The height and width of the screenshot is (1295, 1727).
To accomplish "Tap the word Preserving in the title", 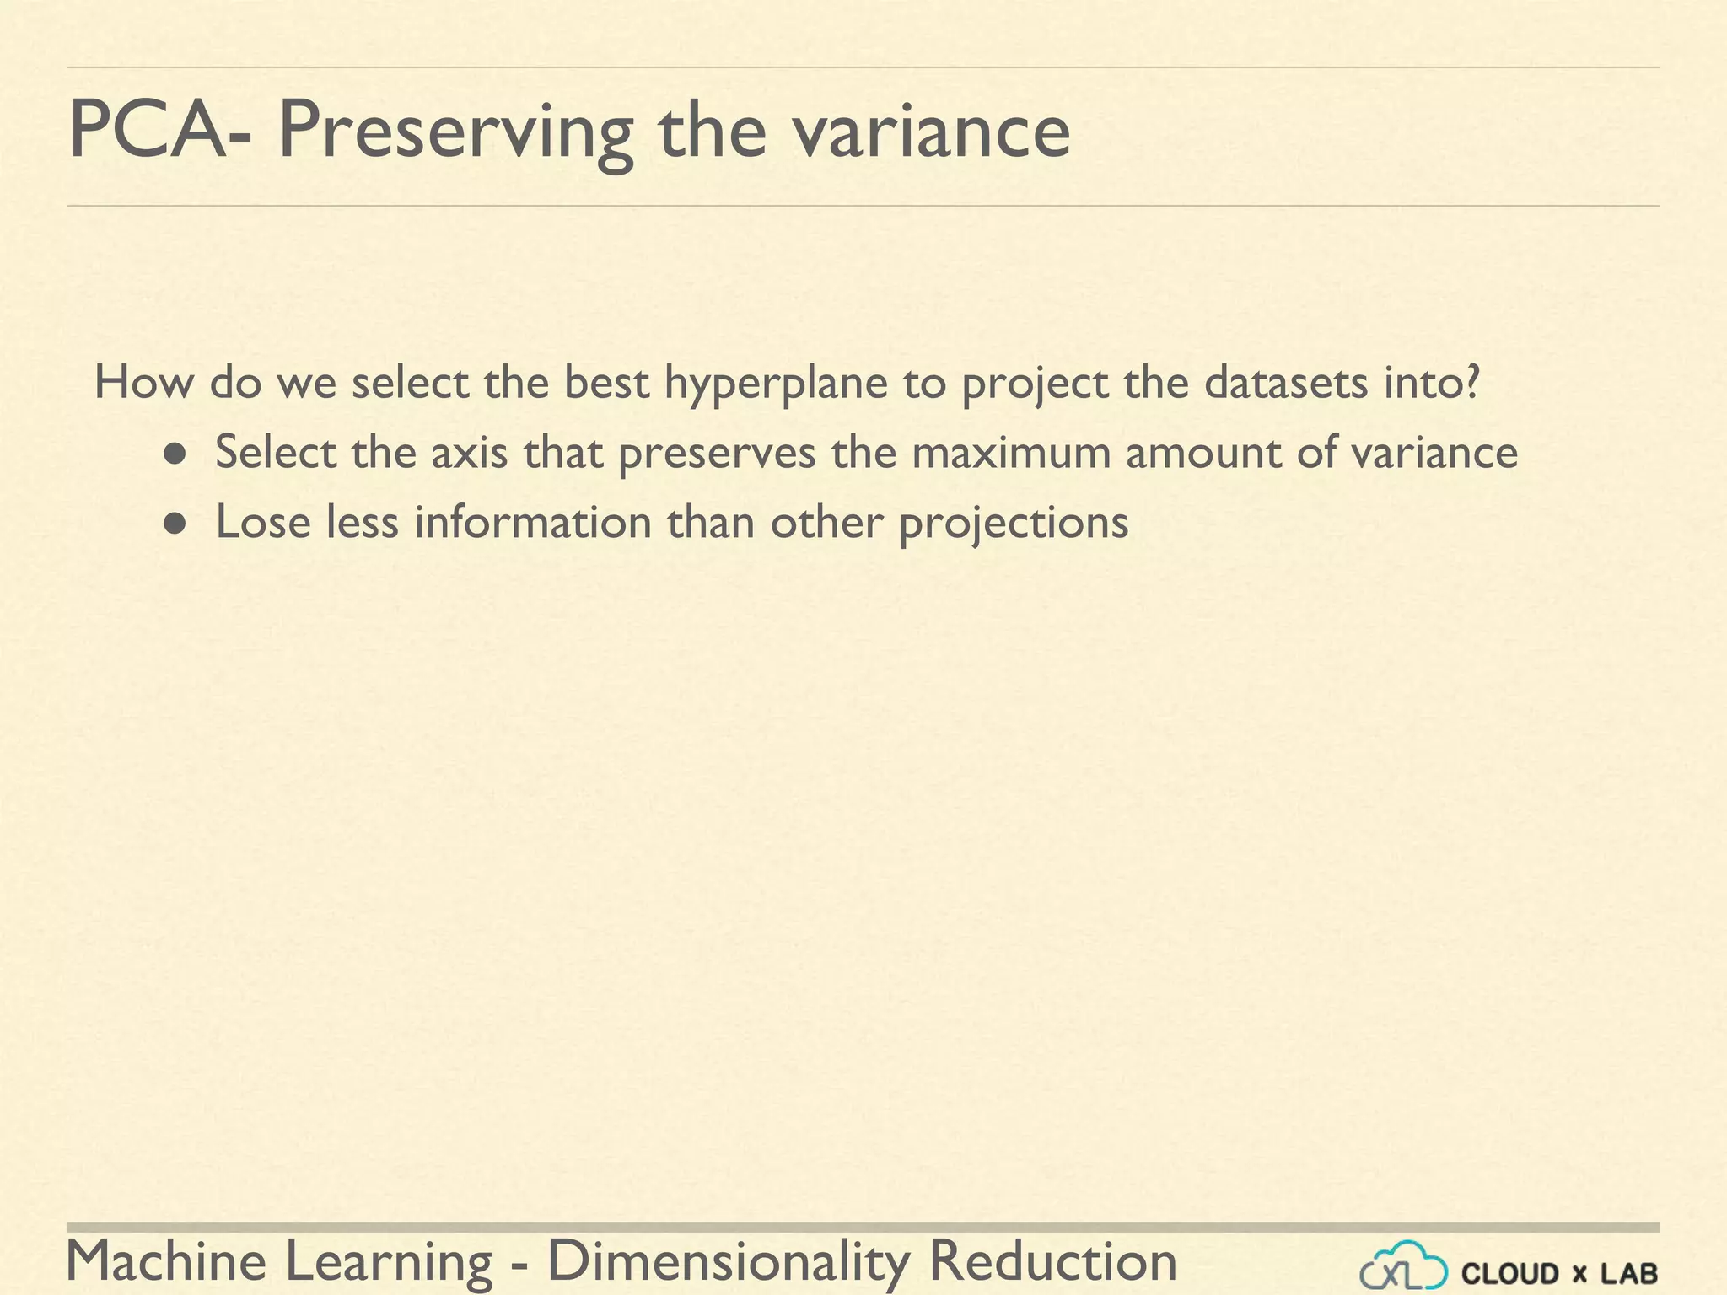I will pyautogui.click(x=455, y=133).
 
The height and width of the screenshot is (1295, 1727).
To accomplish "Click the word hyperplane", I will pyautogui.click(x=776, y=384).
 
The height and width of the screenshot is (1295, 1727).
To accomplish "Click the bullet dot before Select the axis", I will pyautogui.click(x=175, y=455).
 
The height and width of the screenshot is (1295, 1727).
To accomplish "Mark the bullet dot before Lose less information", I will pyautogui.click(x=175, y=525).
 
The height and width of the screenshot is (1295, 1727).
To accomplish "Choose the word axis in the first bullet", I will pyautogui.click(x=469, y=453).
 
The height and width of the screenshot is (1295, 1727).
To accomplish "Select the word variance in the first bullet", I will pyautogui.click(x=1434, y=453).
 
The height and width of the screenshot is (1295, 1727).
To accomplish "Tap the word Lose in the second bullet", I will pyautogui.click(x=263, y=522).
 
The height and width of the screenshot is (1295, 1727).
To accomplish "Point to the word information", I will pyautogui.click(x=532, y=522).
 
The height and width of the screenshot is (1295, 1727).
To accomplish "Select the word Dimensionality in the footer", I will pyautogui.click(x=729, y=1262).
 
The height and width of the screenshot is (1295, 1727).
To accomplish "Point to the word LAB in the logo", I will pyautogui.click(x=1629, y=1273).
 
